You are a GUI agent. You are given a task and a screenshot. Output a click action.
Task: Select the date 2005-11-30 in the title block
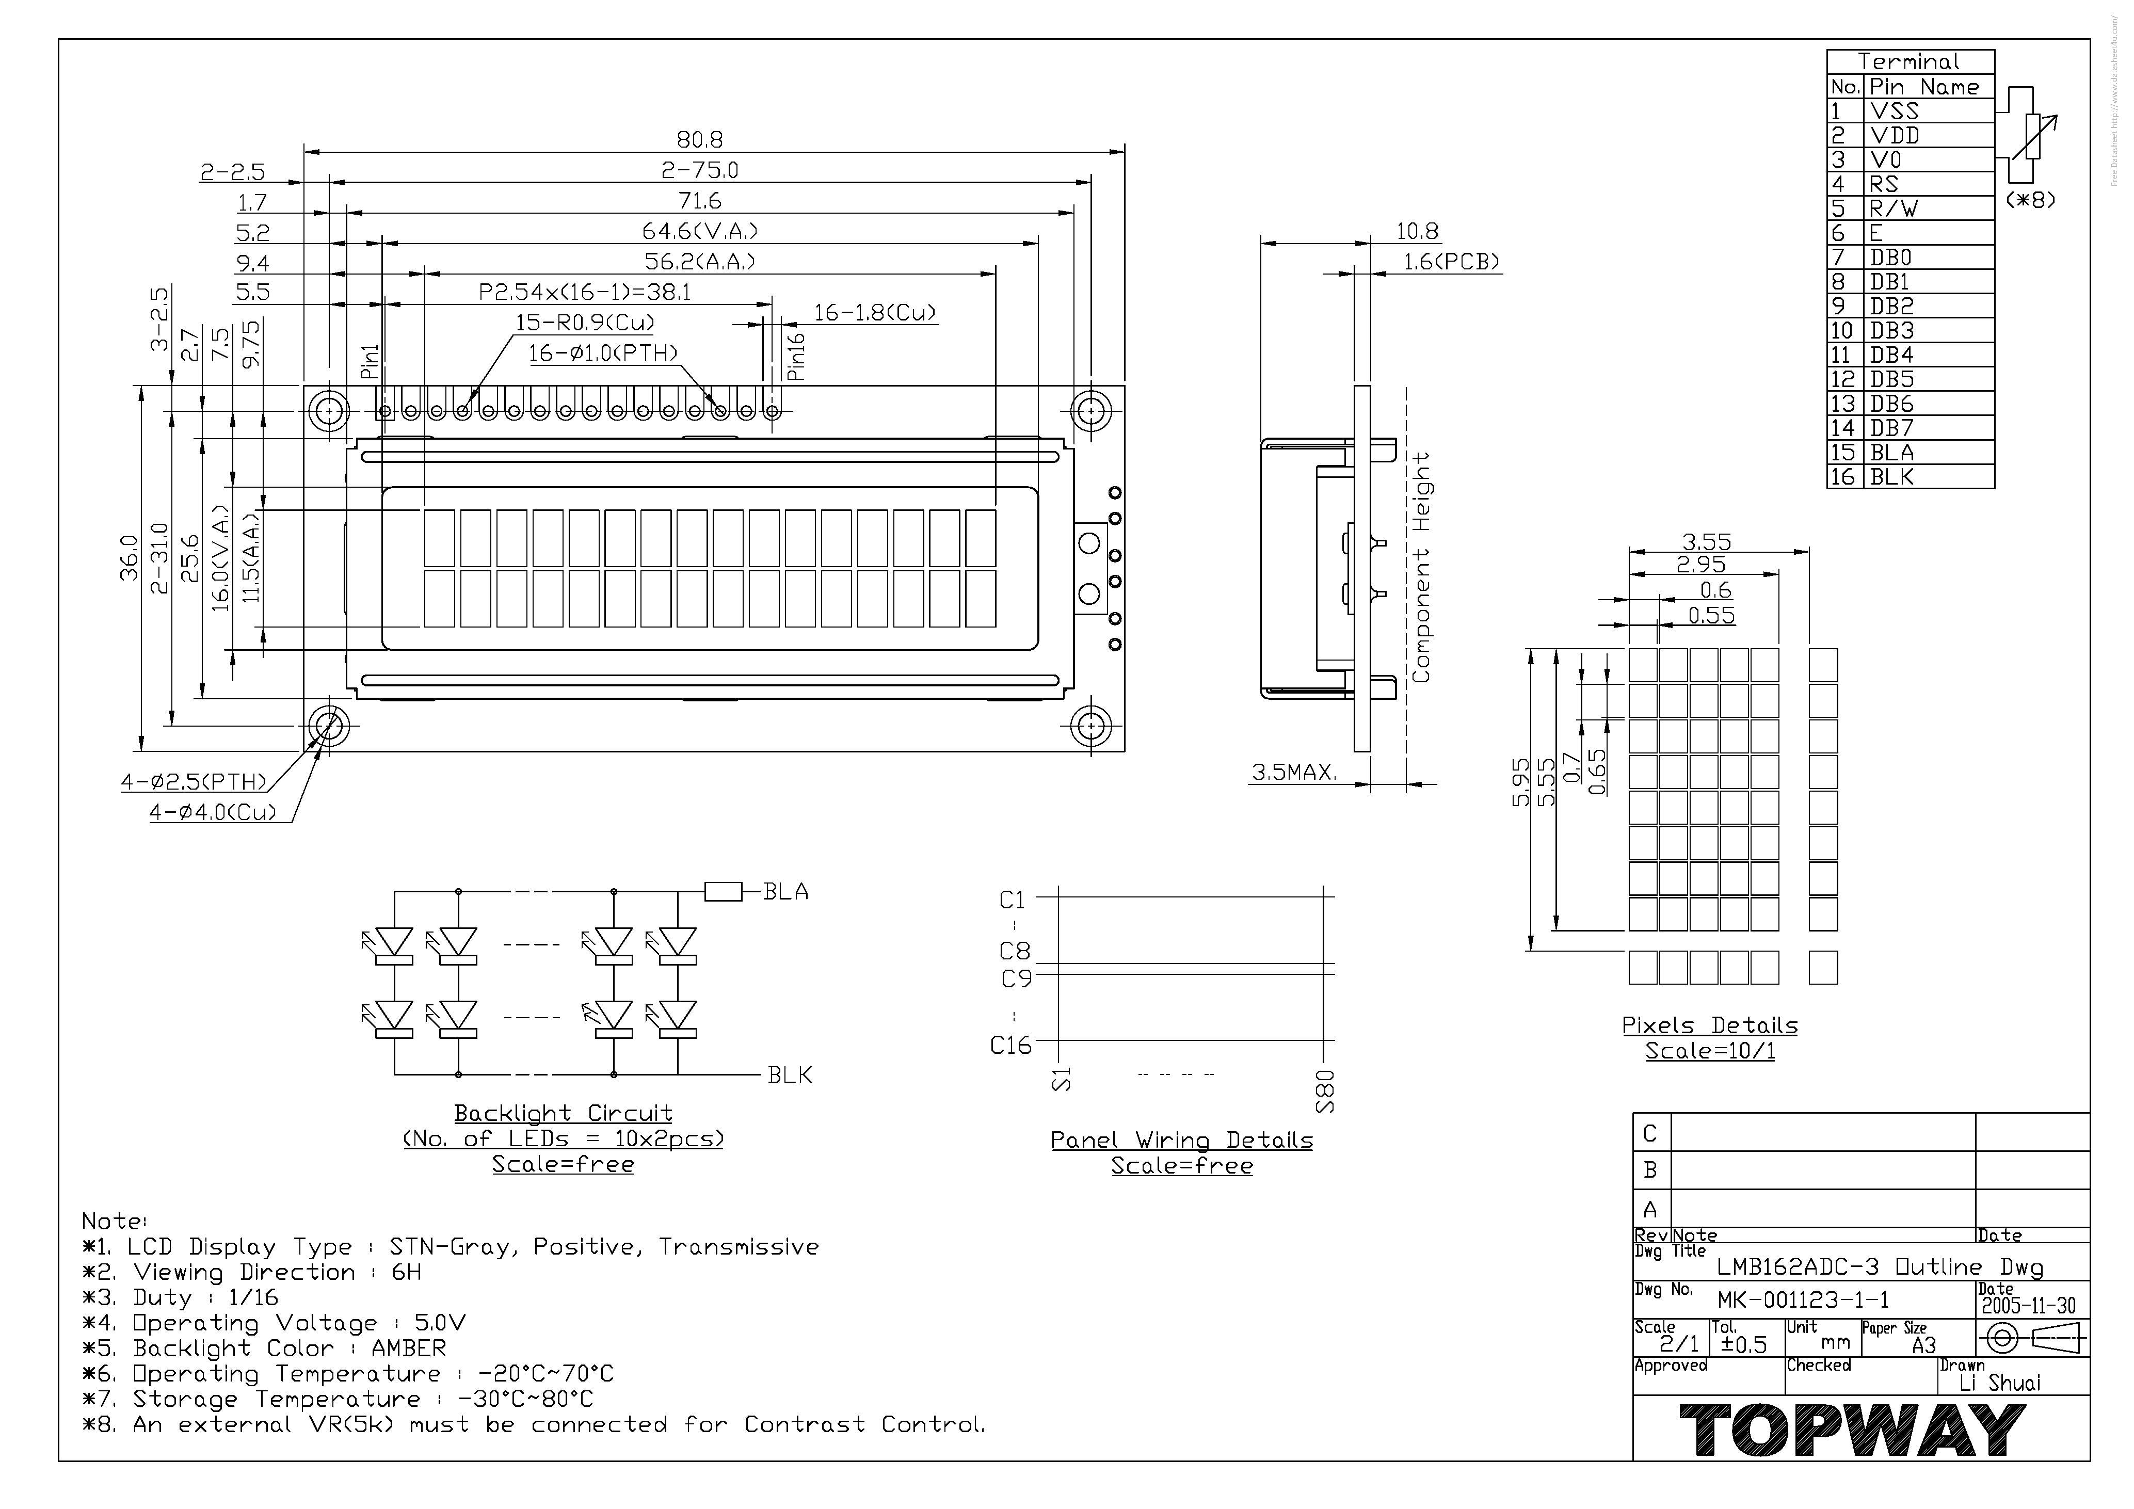coord(2028,1306)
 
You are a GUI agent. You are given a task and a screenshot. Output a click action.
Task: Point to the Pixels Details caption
coord(1709,1026)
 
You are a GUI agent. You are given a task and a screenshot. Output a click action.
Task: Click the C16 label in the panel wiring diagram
coord(1010,1046)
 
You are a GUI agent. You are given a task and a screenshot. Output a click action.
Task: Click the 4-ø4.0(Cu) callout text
coord(213,813)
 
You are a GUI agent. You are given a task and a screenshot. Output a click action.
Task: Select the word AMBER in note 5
coord(409,1349)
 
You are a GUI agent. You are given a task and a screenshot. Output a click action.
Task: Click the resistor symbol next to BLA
coord(723,892)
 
